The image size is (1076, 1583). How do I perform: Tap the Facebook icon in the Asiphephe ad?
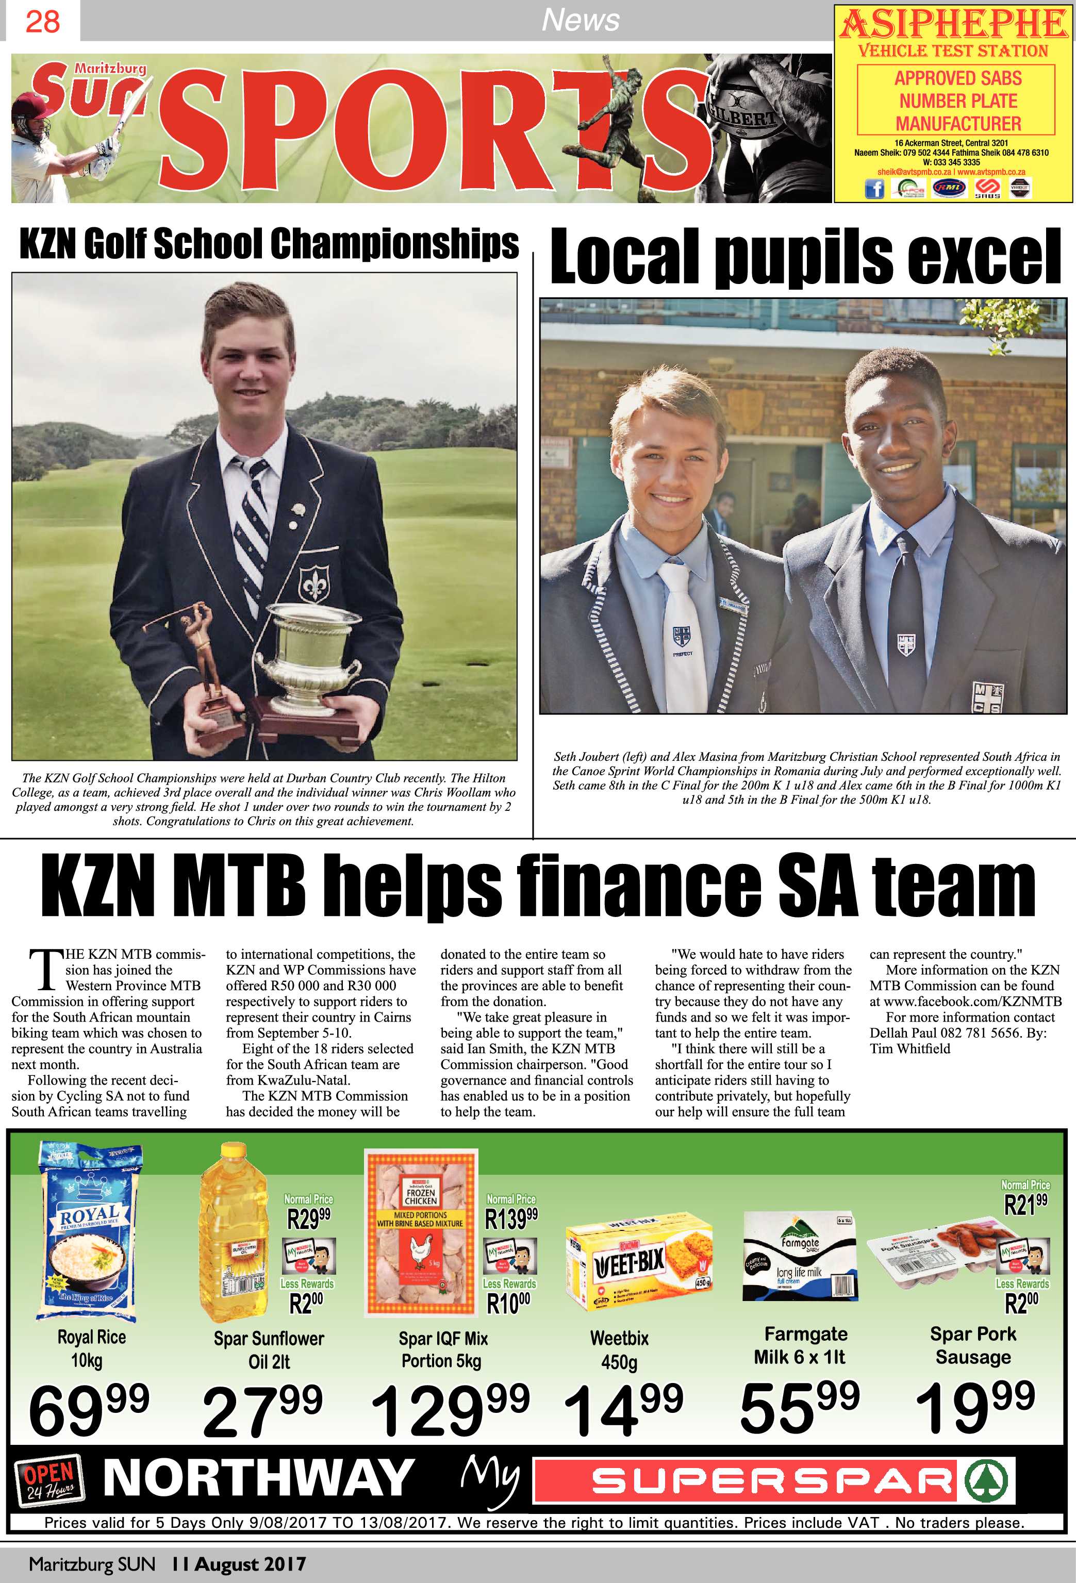tap(874, 189)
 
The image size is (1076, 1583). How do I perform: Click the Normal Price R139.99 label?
tap(511, 1212)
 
